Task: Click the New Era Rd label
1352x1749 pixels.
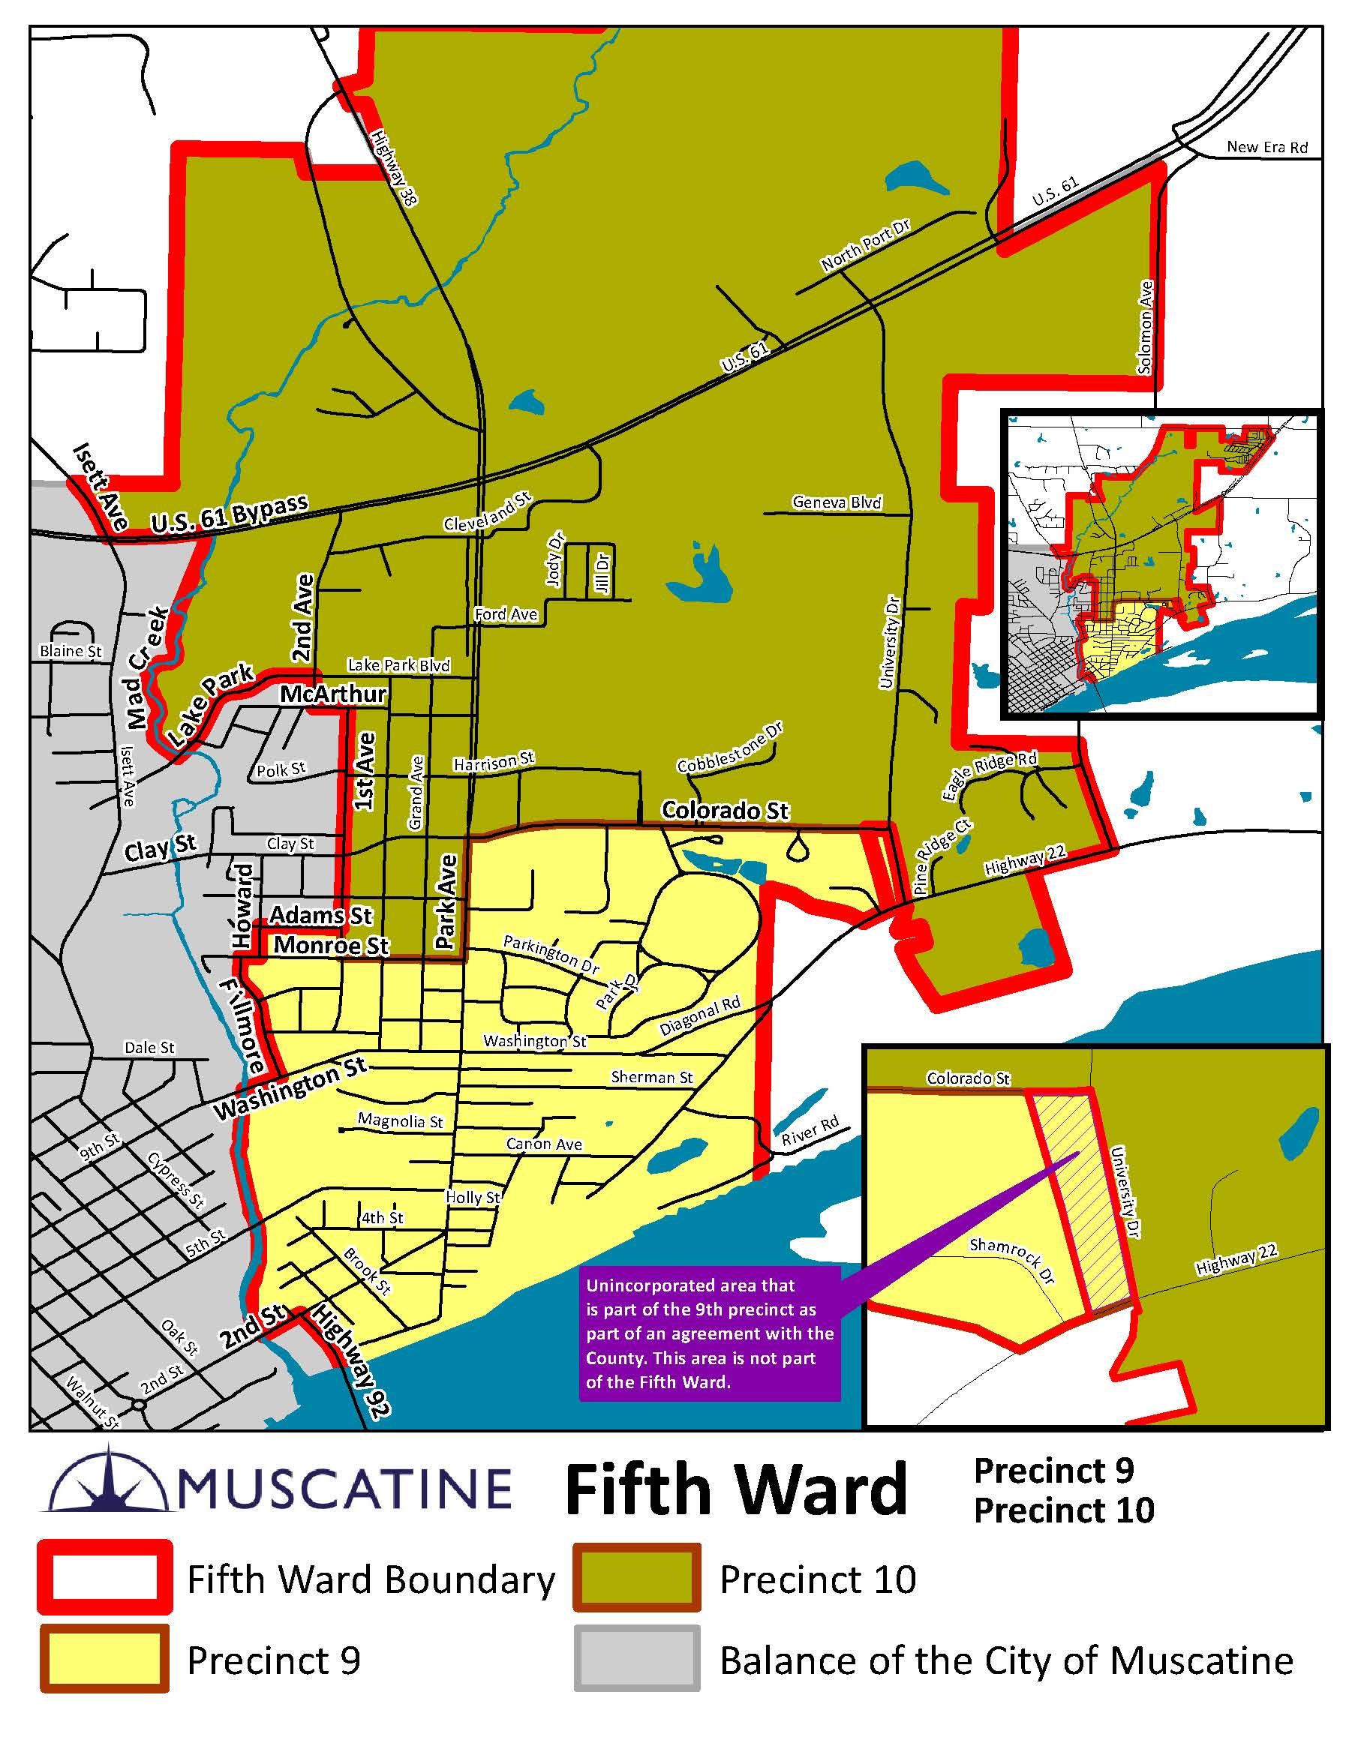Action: click(x=1266, y=146)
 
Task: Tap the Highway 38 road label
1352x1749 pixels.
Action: click(x=394, y=168)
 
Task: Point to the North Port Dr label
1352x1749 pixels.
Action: click(x=865, y=245)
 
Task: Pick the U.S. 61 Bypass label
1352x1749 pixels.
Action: click(x=229, y=514)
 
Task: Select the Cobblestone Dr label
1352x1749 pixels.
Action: click(x=729, y=748)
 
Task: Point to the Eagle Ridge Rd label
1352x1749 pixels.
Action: click(x=988, y=775)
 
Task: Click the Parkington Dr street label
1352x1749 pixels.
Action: click(x=551, y=955)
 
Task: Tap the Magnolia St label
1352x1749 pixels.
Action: click(x=400, y=1120)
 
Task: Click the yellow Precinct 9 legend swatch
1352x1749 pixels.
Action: click(x=104, y=1659)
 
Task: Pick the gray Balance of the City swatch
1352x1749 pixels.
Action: click(x=637, y=1659)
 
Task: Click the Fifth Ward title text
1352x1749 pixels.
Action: click(x=736, y=1489)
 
